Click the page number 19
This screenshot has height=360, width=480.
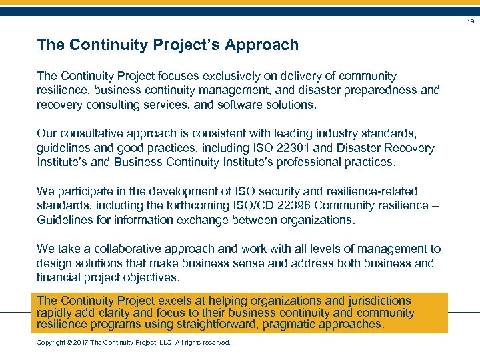point(470,21)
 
